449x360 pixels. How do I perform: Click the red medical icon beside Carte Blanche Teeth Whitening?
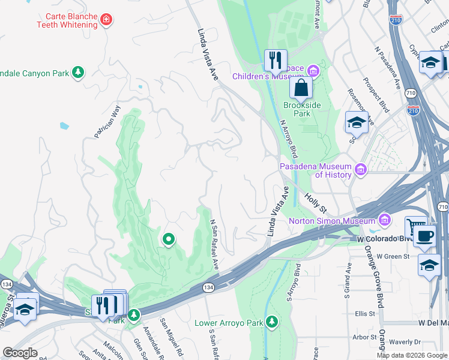click(x=107, y=20)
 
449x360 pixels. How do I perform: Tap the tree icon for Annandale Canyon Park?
click(x=77, y=73)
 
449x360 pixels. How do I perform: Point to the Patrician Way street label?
click(x=107, y=122)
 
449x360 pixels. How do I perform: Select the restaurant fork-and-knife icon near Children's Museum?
click(x=275, y=60)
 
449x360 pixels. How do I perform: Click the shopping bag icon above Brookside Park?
click(x=301, y=88)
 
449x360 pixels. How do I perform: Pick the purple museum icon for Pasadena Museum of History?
click(x=360, y=170)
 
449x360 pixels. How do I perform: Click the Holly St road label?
click(x=315, y=203)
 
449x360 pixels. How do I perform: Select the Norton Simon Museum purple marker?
click(x=384, y=220)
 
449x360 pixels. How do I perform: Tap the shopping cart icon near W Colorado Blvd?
click(x=415, y=227)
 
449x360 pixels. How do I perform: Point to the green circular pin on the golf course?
click(x=169, y=240)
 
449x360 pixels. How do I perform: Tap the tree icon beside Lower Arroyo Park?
click(x=272, y=323)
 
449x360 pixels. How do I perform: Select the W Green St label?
click(x=393, y=256)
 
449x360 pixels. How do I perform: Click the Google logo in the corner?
click(x=20, y=352)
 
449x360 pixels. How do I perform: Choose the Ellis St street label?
click(x=364, y=313)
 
